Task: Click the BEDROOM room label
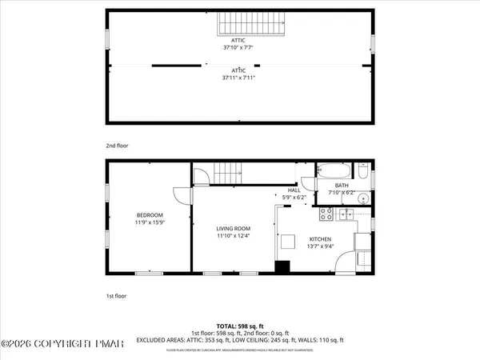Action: (x=150, y=215)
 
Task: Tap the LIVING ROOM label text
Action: (x=234, y=228)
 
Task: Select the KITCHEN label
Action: (x=320, y=238)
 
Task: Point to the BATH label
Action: (x=342, y=186)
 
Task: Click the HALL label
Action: (x=283, y=190)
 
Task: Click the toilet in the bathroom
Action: (x=362, y=172)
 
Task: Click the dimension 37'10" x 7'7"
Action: (x=239, y=48)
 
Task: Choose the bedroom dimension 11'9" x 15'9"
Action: (x=150, y=223)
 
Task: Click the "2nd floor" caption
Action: (x=118, y=146)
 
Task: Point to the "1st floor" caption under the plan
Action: (x=117, y=296)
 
